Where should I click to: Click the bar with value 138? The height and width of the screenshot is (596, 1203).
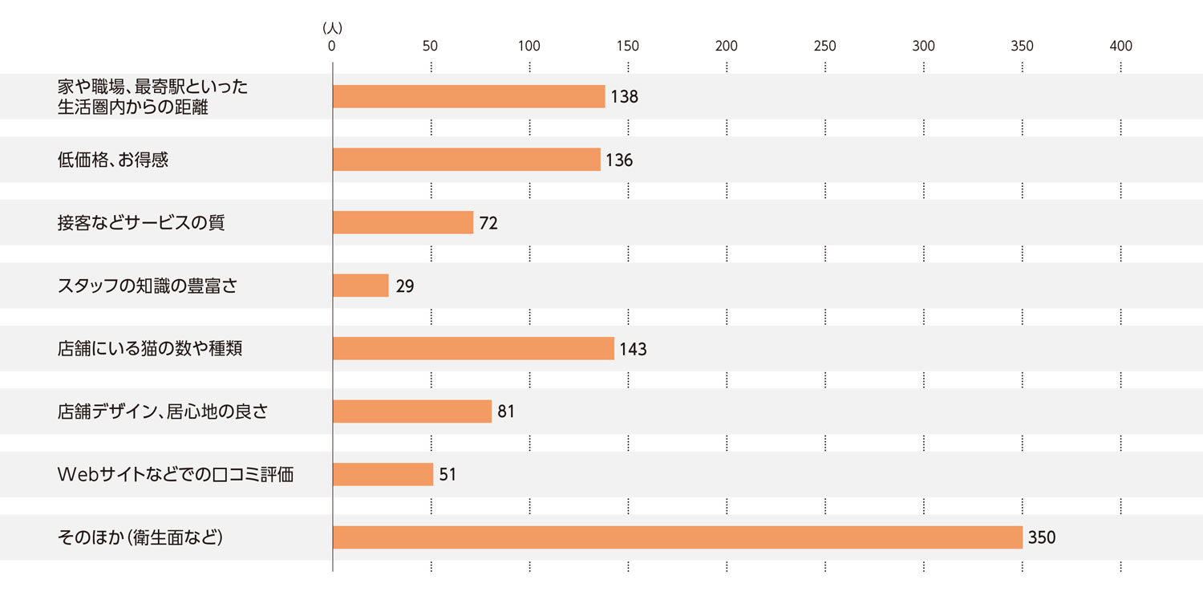(x=468, y=96)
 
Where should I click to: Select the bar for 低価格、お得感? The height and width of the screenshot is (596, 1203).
(x=466, y=160)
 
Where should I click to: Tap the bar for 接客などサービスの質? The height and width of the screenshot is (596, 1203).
(x=403, y=222)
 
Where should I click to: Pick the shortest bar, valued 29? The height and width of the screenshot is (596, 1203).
(x=360, y=286)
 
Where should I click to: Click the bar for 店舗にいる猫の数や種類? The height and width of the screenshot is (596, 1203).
(x=473, y=348)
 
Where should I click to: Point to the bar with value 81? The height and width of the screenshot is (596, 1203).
(x=411, y=412)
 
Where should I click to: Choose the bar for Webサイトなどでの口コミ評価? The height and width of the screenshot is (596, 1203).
(x=383, y=474)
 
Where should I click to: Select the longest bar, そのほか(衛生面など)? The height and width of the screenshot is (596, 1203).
(x=677, y=537)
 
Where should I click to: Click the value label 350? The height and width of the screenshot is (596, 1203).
(x=1042, y=537)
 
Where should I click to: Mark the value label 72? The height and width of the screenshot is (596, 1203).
(x=488, y=223)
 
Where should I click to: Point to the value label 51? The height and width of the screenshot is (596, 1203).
(x=448, y=475)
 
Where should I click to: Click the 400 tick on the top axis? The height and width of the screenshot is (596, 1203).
(x=1120, y=47)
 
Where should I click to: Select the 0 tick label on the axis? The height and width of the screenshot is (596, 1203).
(x=332, y=47)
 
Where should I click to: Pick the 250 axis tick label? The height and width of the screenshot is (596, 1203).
(x=824, y=47)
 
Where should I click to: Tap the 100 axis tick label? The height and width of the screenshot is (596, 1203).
(x=529, y=47)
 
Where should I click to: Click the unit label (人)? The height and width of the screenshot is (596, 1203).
(x=332, y=28)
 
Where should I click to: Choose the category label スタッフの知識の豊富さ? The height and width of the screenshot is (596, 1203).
(x=148, y=286)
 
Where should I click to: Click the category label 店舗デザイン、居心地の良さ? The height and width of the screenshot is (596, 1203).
(x=162, y=412)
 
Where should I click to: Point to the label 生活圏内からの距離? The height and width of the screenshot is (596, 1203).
(x=133, y=107)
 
